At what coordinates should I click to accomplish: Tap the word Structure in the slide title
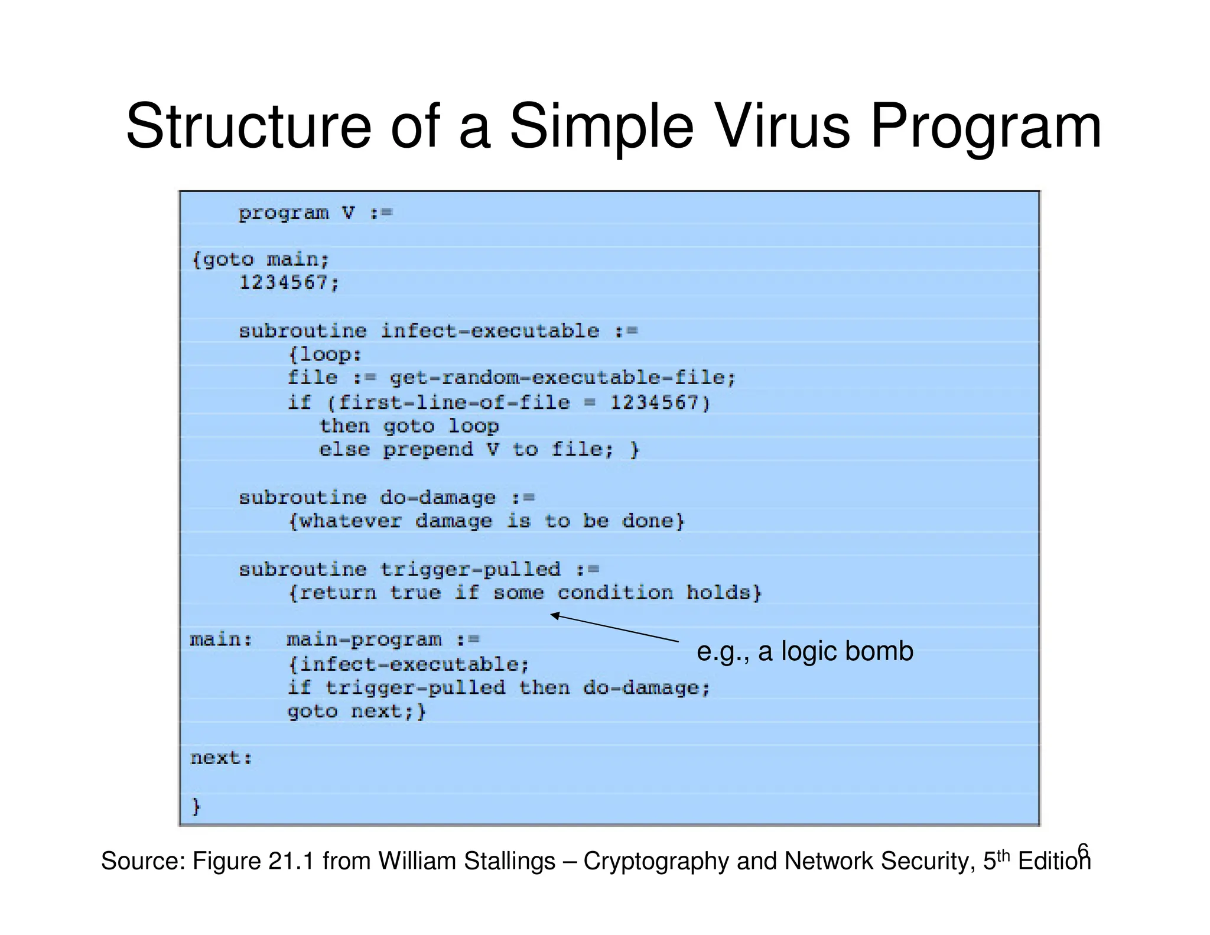(248, 126)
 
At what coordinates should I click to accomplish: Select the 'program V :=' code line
(315, 213)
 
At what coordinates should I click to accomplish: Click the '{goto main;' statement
(261, 259)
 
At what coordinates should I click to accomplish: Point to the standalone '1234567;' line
(289, 283)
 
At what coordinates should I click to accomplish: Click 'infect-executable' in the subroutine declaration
(489, 331)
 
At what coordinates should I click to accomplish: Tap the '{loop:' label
(325, 355)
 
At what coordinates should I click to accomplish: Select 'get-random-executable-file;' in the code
(562, 378)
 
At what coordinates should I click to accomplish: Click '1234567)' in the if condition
(660, 403)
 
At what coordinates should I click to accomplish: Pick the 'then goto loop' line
(409, 426)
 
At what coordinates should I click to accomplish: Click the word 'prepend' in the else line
(428, 450)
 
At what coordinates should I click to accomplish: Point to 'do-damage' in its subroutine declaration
(437, 498)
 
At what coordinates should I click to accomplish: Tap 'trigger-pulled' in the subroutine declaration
(470, 569)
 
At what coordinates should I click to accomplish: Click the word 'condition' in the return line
(615, 593)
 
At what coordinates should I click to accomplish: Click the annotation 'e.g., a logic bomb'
(805, 651)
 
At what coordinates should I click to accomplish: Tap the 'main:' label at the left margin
(221, 640)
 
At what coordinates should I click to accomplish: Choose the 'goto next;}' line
(356, 711)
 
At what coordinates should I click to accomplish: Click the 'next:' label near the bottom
(221, 758)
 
